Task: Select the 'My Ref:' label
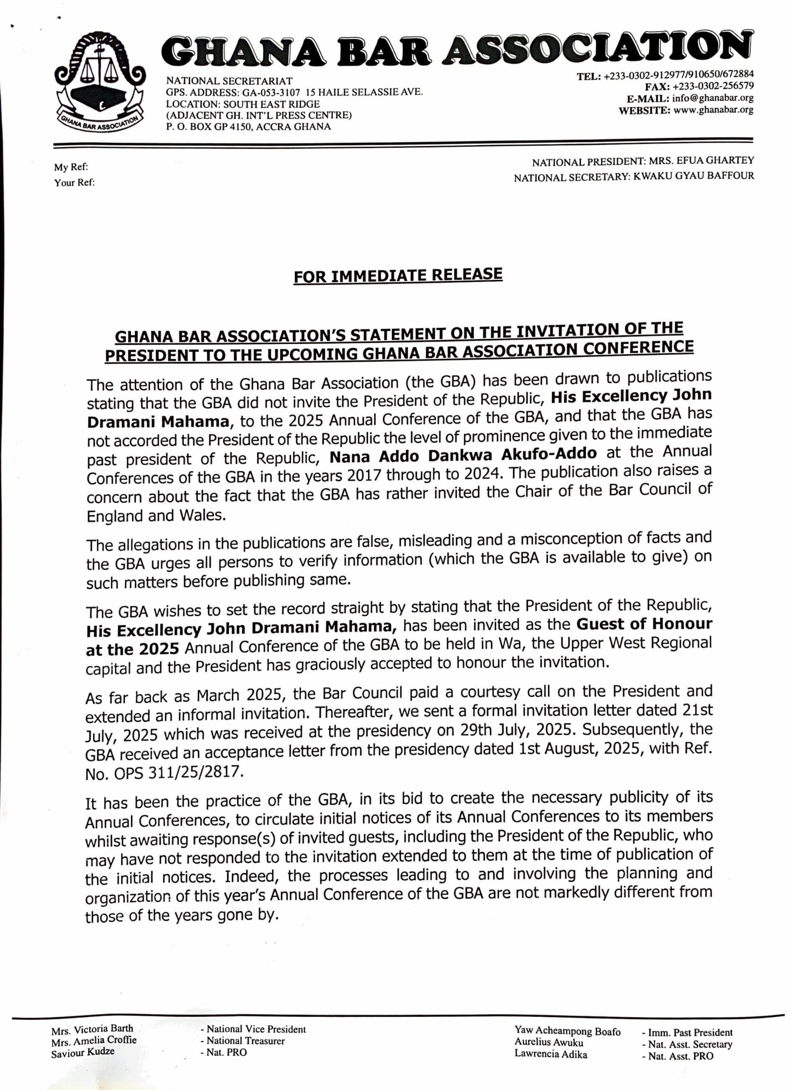coord(71,167)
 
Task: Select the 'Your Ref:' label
coord(74,183)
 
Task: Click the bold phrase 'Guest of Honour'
coord(644,625)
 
